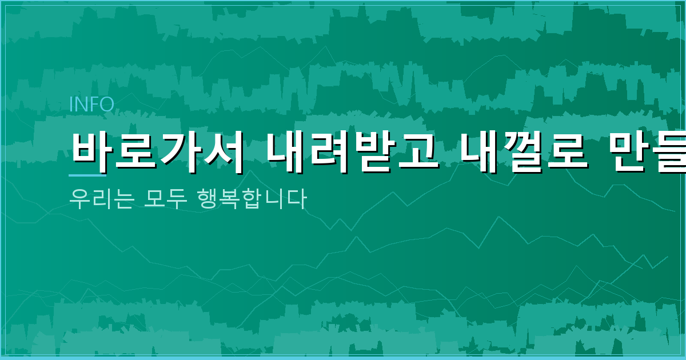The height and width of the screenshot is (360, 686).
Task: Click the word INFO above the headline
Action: [91, 105]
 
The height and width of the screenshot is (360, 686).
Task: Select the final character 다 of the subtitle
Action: [297, 199]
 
